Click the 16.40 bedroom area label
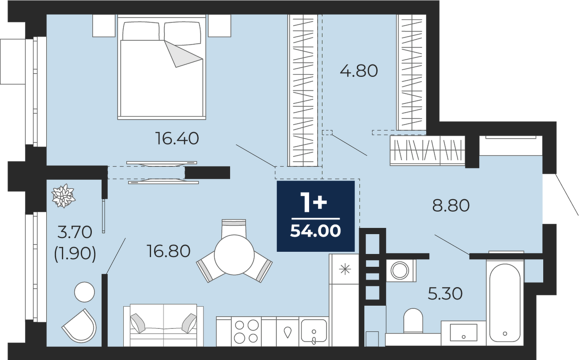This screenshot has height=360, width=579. click(x=177, y=138)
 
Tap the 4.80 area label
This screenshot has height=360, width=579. click(x=359, y=71)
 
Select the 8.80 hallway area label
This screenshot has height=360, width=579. click(x=451, y=206)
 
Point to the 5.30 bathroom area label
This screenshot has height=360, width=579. click(x=445, y=294)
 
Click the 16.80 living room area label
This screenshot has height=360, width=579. click(x=169, y=251)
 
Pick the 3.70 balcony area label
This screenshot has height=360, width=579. click(x=75, y=232)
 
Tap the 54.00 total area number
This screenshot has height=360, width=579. click(x=315, y=231)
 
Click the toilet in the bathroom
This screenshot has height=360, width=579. click(x=413, y=320)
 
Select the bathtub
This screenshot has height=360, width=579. click(x=505, y=303)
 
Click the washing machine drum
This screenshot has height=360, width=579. click(x=400, y=270)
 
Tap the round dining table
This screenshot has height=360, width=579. click(x=234, y=255)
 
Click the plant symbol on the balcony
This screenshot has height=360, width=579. click(x=63, y=196)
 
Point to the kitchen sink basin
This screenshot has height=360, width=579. click(x=314, y=332)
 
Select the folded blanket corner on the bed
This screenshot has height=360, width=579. click(x=183, y=54)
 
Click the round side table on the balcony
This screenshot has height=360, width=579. click(x=84, y=292)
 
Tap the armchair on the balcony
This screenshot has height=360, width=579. click(x=80, y=326)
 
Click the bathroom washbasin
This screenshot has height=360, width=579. click(x=463, y=332)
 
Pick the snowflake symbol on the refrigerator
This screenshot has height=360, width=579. click(x=345, y=269)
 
